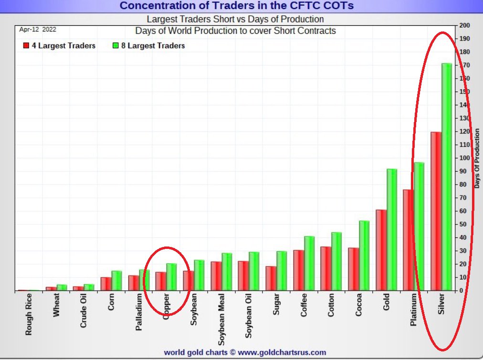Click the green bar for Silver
click(x=447, y=176)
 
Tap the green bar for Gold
click(x=391, y=229)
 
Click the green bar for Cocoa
click(x=364, y=255)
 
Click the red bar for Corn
click(x=105, y=284)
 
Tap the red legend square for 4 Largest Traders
click(x=26, y=46)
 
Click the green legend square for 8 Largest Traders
click(x=115, y=46)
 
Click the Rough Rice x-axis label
click(x=29, y=314)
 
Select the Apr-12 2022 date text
click(x=38, y=29)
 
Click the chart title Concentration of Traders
click(x=237, y=6)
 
